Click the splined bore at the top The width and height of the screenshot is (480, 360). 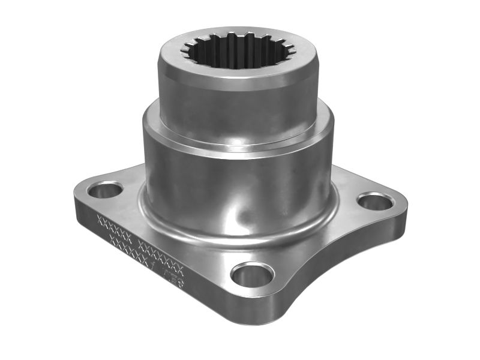point(239,53)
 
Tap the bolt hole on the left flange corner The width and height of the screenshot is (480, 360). point(104,190)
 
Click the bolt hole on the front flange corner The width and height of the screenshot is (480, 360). point(252,275)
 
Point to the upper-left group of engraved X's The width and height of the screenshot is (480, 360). point(114,227)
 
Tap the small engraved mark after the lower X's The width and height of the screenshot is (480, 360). point(175,275)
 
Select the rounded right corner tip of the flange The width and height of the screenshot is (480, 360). point(402,207)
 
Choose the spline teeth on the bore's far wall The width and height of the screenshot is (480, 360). point(240,39)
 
